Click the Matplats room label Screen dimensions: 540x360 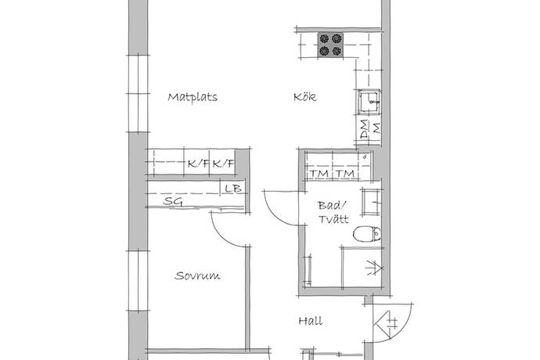193,97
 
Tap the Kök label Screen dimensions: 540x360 304,96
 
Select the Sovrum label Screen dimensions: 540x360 197,275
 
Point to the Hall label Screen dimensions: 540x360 311,321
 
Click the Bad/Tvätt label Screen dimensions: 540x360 333,212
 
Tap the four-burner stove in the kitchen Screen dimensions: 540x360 330,45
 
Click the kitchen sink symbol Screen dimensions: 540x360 369,102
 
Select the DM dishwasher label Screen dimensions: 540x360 364,129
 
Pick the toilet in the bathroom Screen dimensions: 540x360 367,235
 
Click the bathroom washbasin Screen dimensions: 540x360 371,202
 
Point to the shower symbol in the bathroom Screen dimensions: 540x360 375,268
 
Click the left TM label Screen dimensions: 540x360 319,174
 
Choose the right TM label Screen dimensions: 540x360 345,174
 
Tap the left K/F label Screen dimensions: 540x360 198,164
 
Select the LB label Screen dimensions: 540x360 233,189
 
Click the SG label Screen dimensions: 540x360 173,201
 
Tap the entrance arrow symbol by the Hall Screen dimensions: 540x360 386,323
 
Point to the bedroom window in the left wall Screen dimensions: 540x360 138,280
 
